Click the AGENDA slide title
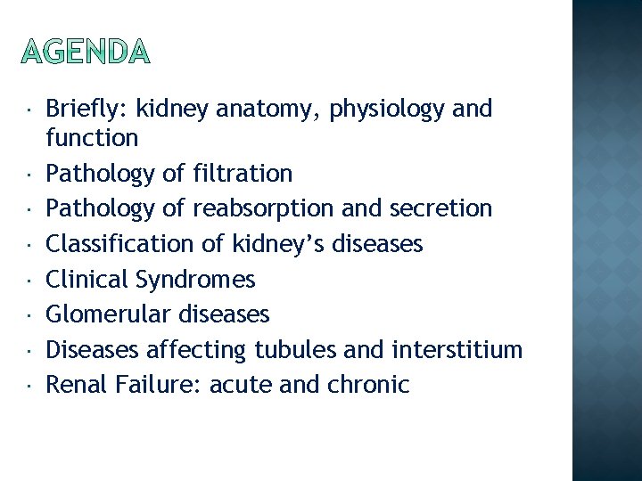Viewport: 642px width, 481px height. click(86, 54)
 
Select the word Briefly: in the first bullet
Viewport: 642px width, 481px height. click(87, 110)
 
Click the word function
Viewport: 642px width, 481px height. click(92, 138)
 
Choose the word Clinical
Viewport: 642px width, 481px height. click(86, 279)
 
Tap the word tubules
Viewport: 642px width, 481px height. click(296, 349)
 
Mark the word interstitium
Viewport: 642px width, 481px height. click(457, 349)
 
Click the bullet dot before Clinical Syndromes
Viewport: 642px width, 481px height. click(30, 280)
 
